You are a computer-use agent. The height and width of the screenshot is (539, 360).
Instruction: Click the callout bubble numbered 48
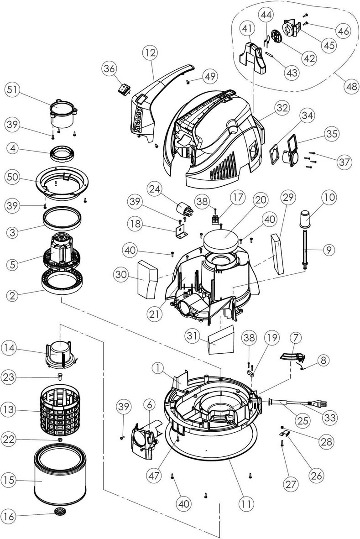tap(351, 87)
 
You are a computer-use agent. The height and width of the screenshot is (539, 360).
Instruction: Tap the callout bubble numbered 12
tap(150, 53)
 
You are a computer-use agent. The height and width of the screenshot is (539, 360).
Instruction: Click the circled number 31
tap(193, 336)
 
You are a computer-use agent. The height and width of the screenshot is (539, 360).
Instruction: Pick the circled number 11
tap(246, 504)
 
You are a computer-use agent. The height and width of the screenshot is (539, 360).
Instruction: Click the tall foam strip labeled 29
tap(277, 254)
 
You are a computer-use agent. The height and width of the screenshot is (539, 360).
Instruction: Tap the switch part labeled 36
tap(123, 89)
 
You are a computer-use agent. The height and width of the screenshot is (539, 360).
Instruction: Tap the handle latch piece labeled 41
tap(256, 58)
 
